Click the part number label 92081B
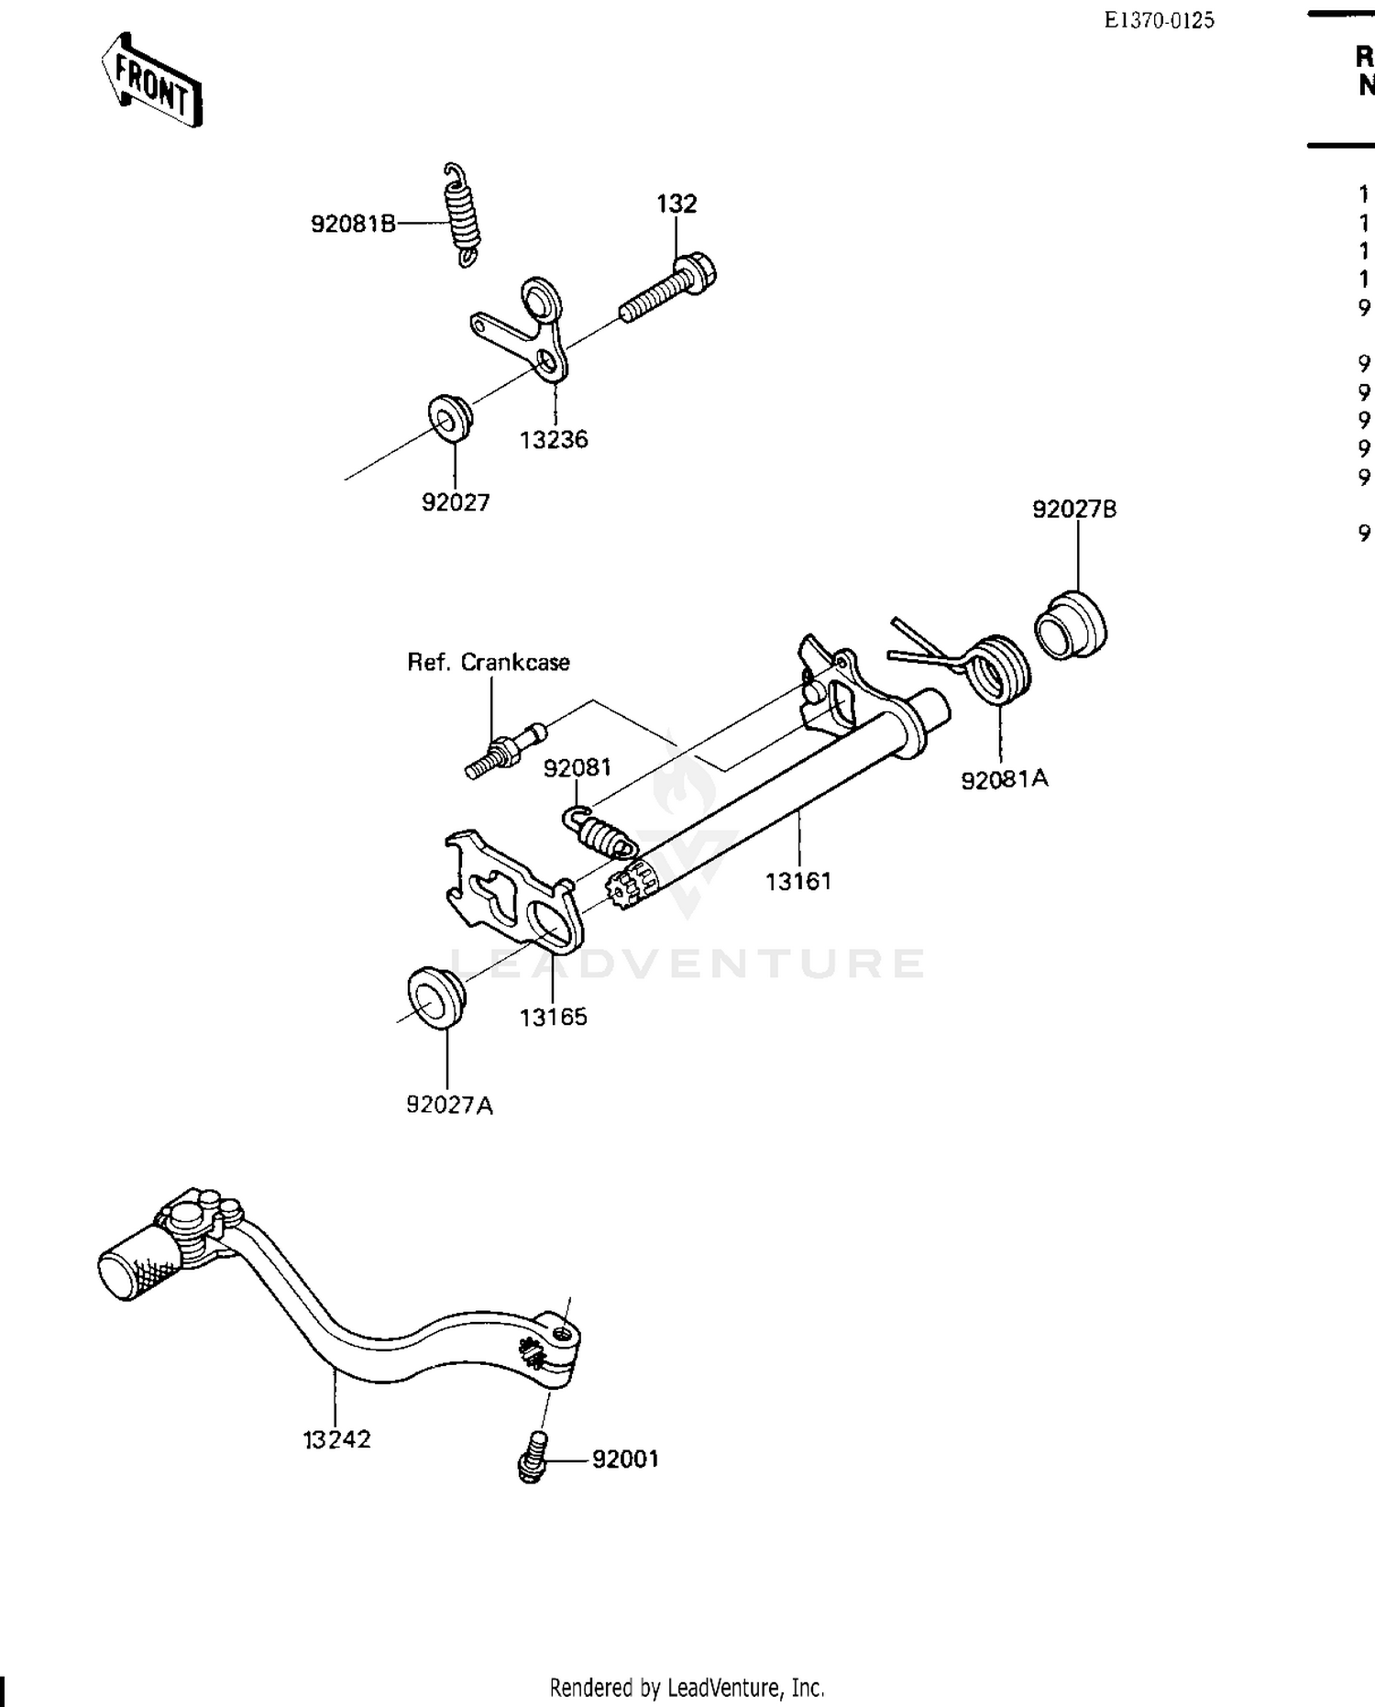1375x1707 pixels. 353,224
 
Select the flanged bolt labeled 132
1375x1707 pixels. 670,286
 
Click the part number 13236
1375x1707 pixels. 554,439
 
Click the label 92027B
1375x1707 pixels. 1074,510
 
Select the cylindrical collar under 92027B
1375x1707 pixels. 1070,626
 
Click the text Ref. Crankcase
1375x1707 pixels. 489,662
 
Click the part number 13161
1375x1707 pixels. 798,881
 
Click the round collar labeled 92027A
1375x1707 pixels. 436,997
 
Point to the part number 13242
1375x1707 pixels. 336,1439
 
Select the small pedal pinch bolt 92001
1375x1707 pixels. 532,1459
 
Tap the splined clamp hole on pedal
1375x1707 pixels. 533,1347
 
